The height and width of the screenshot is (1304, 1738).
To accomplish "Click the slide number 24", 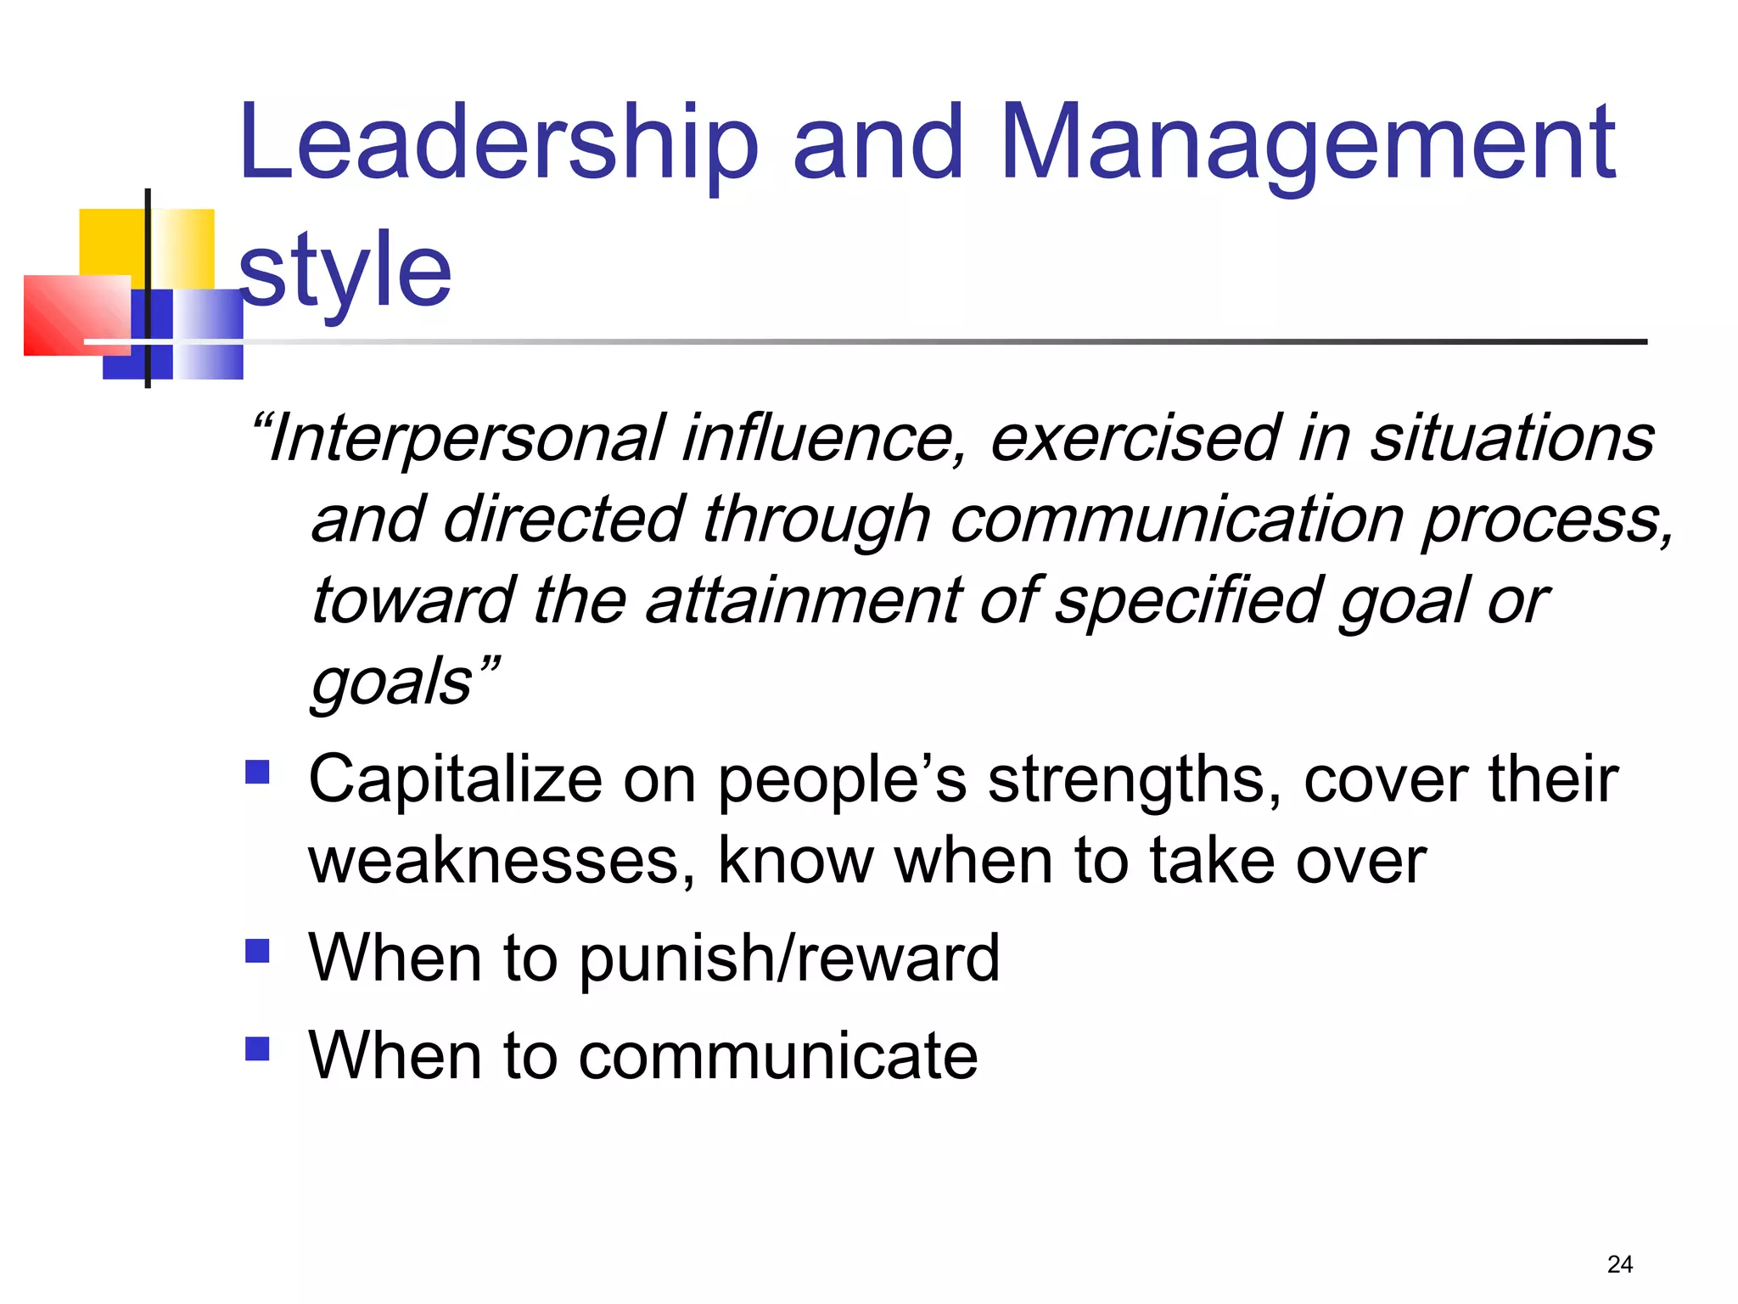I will pyautogui.click(x=1619, y=1264).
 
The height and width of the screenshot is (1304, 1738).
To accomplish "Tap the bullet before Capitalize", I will pyautogui.click(x=257, y=771).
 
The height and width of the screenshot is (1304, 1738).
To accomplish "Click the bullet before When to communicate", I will pyautogui.click(x=257, y=1048).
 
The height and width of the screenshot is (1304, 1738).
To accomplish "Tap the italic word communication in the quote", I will pyautogui.click(x=1175, y=520).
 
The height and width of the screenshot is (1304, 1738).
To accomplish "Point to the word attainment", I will pyautogui.click(x=803, y=600).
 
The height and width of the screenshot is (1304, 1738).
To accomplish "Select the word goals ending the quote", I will pyautogui.click(x=391, y=682).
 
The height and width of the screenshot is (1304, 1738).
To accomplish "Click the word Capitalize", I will pyautogui.click(x=455, y=779).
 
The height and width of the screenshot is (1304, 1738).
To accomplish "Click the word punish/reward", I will pyautogui.click(x=789, y=958).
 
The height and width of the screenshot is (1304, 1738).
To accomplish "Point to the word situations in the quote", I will pyautogui.click(x=1511, y=438).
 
